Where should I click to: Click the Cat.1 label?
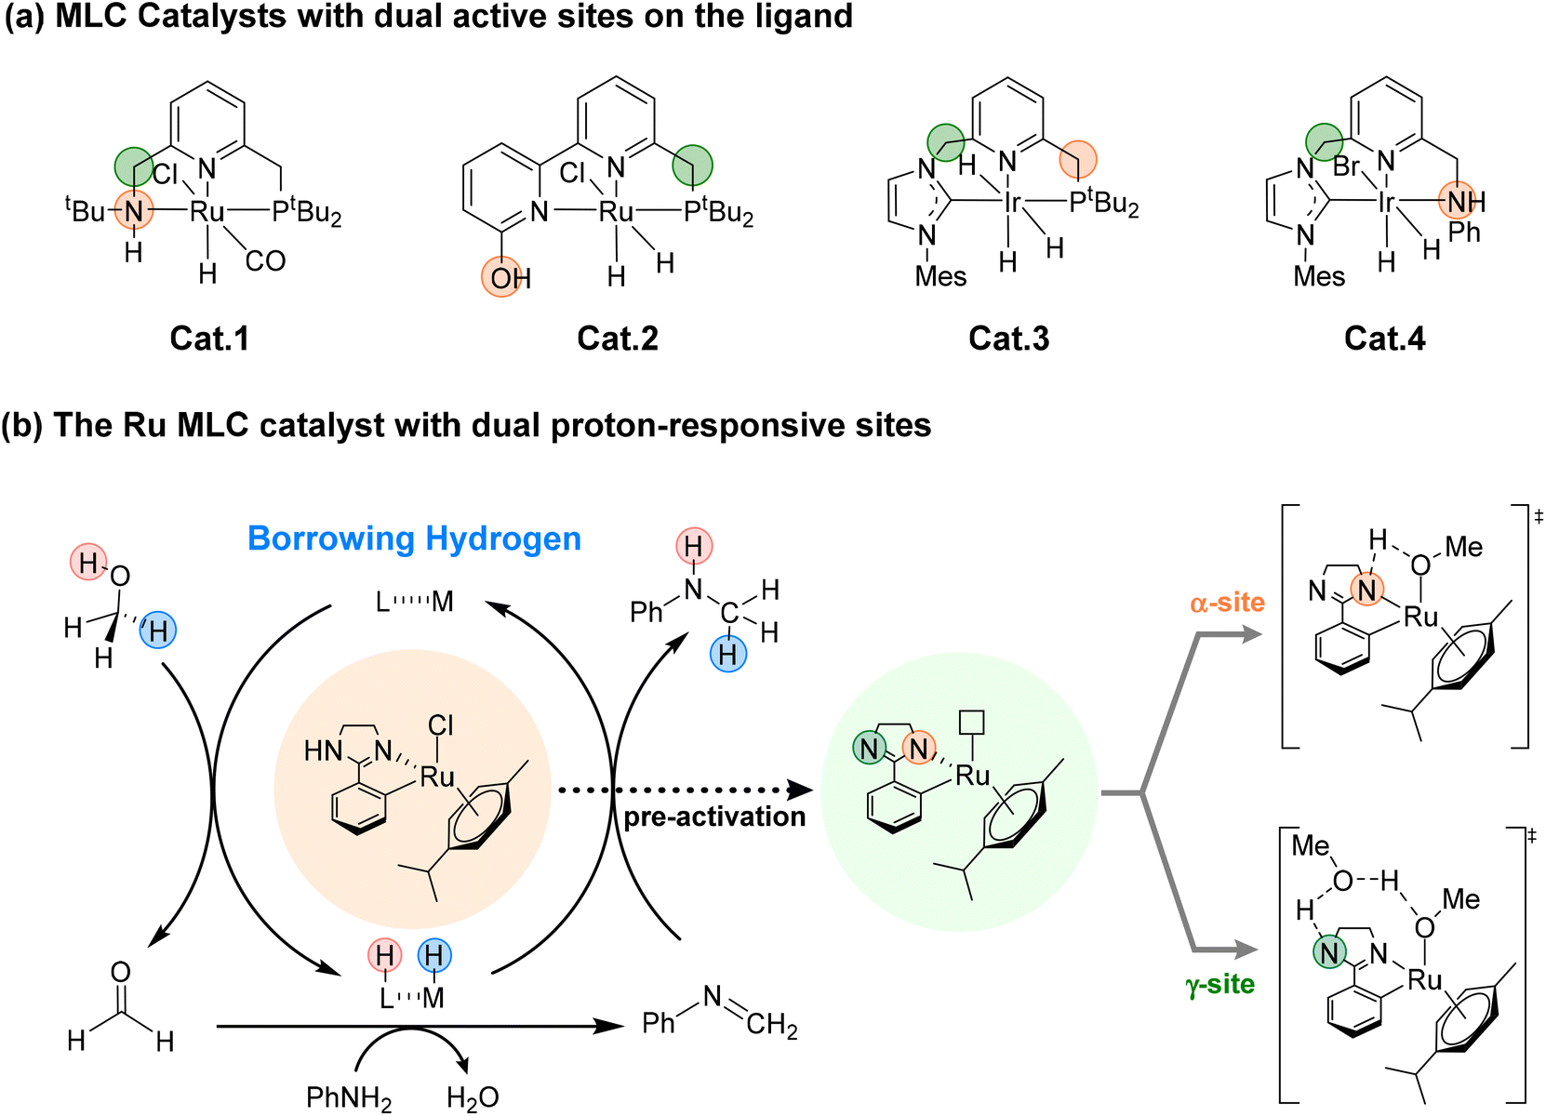[209, 338]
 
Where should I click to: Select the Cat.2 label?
[618, 338]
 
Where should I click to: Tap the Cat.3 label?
[1008, 338]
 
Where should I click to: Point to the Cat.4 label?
[1384, 338]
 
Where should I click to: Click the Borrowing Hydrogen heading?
[414, 538]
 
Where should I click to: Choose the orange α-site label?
[1227, 603]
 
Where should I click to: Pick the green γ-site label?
[1219, 984]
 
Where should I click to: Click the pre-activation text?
[714, 817]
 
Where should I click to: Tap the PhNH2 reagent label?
[349, 1098]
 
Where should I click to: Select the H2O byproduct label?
[473, 1098]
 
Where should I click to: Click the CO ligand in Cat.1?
[265, 261]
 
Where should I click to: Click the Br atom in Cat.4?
[1346, 167]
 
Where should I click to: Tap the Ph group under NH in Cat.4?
[1463, 232]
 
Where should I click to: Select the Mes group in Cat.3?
[940, 276]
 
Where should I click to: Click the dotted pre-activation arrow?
[684, 790]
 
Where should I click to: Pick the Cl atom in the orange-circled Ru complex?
[441, 725]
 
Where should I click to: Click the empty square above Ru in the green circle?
[972, 723]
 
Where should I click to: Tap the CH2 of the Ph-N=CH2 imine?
[771, 1025]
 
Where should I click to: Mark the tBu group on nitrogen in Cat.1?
[86, 211]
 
